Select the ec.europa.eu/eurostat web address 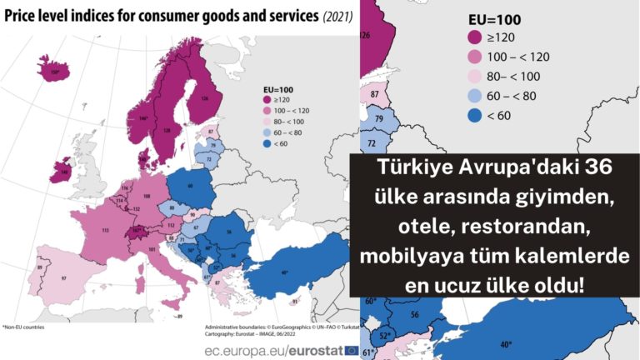click(268, 350)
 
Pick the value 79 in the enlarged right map click(378, 119)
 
